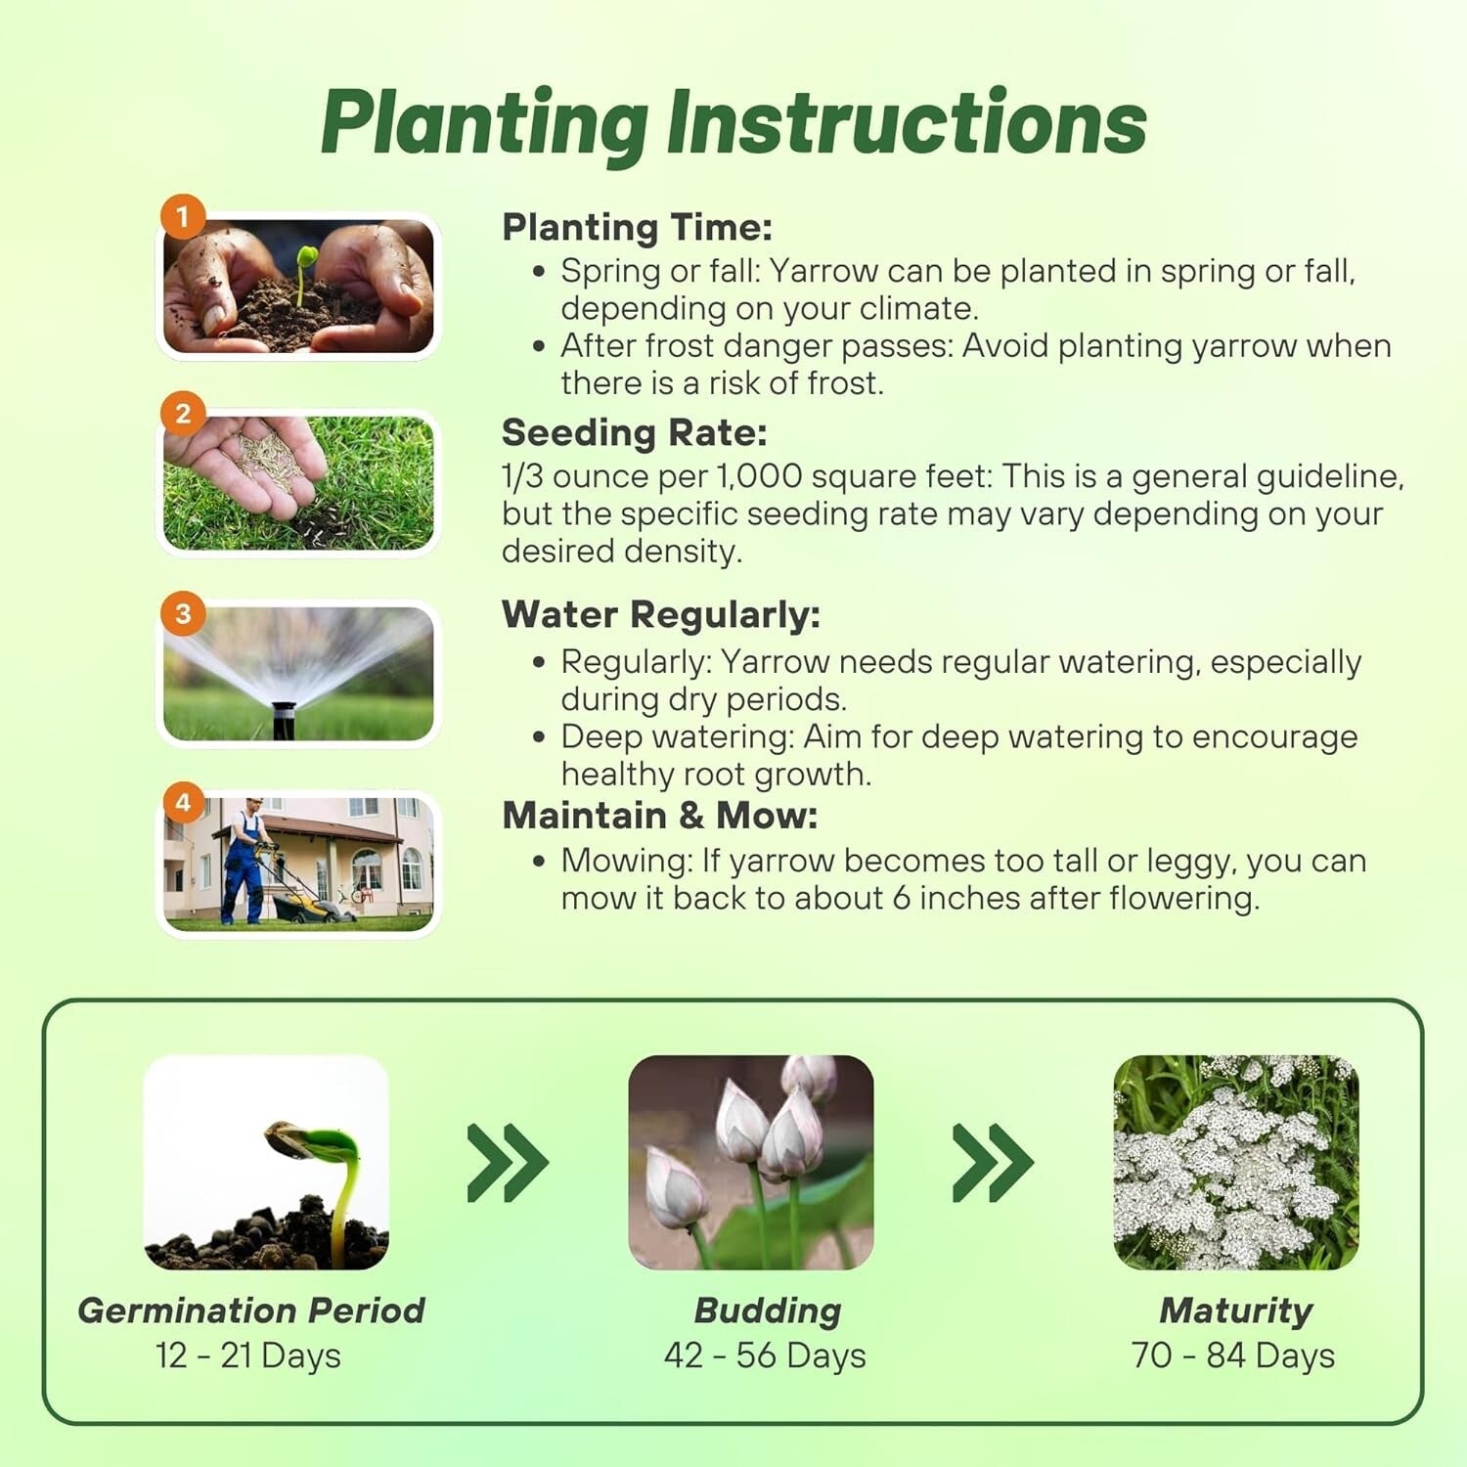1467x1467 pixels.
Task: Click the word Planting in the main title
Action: click(x=484, y=125)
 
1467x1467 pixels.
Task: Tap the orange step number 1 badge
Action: click(x=182, y=216)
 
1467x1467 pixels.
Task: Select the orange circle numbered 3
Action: click(x=182, y=614)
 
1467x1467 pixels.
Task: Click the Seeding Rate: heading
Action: click(x=634, y=432)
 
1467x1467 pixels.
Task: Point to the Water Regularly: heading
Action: click(x=660, y=615)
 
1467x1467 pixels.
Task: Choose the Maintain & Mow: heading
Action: click(x=659, y=816)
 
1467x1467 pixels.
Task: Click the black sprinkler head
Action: click(x=284, y=719)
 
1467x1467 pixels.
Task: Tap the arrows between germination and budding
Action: click(x=507, y=1163)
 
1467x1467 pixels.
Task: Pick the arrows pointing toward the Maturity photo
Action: click(x=992, y=1163)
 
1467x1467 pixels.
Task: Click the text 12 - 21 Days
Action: click(x=248, y=1356)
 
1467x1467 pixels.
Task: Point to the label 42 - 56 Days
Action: click(x=765, y=1356)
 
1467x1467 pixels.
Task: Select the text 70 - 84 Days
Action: click(x=1232, y=1356)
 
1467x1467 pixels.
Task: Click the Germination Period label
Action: click(x=251, y=1311)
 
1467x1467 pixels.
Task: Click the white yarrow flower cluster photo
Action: click(x=1235, y=1163)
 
